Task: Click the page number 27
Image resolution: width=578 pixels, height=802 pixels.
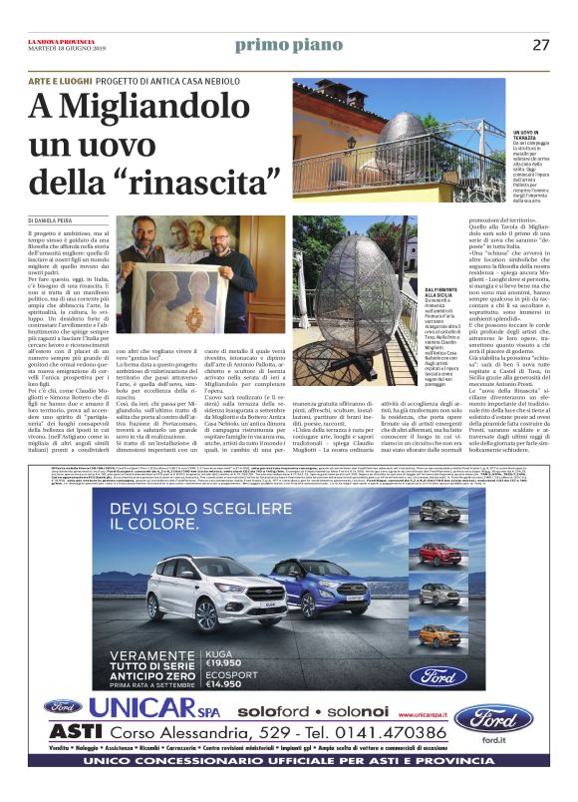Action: coord(540,45)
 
